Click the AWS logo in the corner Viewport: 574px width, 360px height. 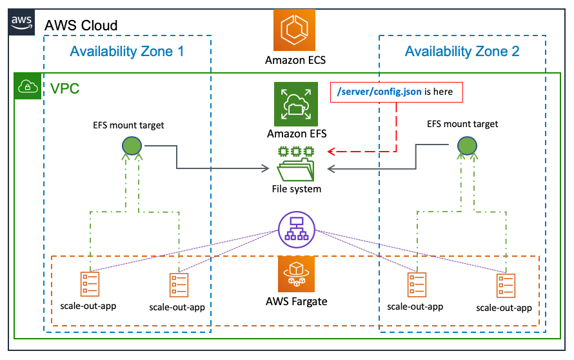click(21, 23)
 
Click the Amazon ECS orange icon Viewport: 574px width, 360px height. click(294, 30)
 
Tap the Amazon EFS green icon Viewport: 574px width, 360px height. click(296, 104)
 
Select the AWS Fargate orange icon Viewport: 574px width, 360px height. click(296, 274)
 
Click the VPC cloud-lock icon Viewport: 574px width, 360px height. click(28, 86)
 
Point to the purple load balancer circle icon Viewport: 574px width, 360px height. click(297, 230)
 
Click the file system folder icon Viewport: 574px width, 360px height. click(296, 164)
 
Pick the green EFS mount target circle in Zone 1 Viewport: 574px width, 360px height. click(132, 146)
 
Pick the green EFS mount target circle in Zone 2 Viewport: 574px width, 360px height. click(467, 146)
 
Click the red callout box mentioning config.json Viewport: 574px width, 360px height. click(397, 92)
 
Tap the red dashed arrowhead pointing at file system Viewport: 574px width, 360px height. click(332, 151)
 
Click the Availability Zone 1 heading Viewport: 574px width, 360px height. click(127, 51)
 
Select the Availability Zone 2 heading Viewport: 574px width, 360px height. click(462, 51)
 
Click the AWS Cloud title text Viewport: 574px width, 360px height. click(81, 25)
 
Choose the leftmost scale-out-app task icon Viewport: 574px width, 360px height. click(90, 284)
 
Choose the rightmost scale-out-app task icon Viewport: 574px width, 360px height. click(506, 286)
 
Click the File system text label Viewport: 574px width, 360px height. click(297, 189)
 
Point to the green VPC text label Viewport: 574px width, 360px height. click(64, 88)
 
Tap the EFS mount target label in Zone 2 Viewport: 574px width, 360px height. click(462, 124)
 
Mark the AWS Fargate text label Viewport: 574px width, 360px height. click(297, 301)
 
